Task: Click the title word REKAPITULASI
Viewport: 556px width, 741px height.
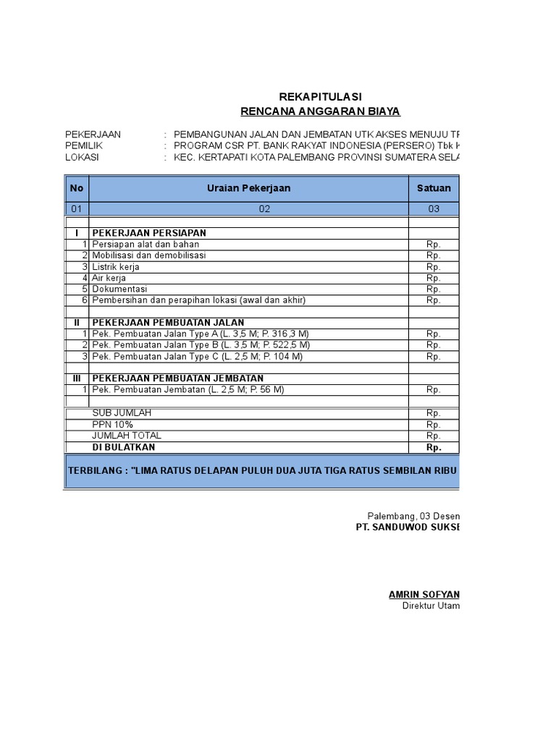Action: (x=320, y=97)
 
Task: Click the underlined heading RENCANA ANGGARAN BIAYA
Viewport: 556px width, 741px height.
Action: (x=320, y=111)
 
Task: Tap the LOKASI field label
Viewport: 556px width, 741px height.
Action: (x=82, y=157)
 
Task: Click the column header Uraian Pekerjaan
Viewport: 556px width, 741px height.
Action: (x=248, y=188)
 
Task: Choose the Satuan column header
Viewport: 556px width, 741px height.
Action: (x=434, y=188)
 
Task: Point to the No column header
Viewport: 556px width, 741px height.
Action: (x=77, y=188)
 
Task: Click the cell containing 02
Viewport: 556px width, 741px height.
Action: (x=264, y=209)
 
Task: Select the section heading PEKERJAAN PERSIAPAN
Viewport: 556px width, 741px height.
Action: (x=149, y=233)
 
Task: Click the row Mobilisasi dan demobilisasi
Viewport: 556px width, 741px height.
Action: (x=149, y=255)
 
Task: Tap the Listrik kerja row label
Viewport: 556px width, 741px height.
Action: (x=116, y=267)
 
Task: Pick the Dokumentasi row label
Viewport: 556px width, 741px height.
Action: (x=119, y=289)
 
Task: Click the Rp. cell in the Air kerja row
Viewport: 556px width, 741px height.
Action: (x=433, y=278)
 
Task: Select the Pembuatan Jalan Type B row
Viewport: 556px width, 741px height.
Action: (x=201, y=345)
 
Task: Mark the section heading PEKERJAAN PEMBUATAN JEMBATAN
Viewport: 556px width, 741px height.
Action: (x=177, y=378)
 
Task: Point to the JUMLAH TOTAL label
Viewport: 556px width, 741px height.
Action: (x=127, y=436)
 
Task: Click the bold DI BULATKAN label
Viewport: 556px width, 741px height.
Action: (x=124, y=447)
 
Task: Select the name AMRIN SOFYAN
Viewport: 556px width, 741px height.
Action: (x=424, y=595)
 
